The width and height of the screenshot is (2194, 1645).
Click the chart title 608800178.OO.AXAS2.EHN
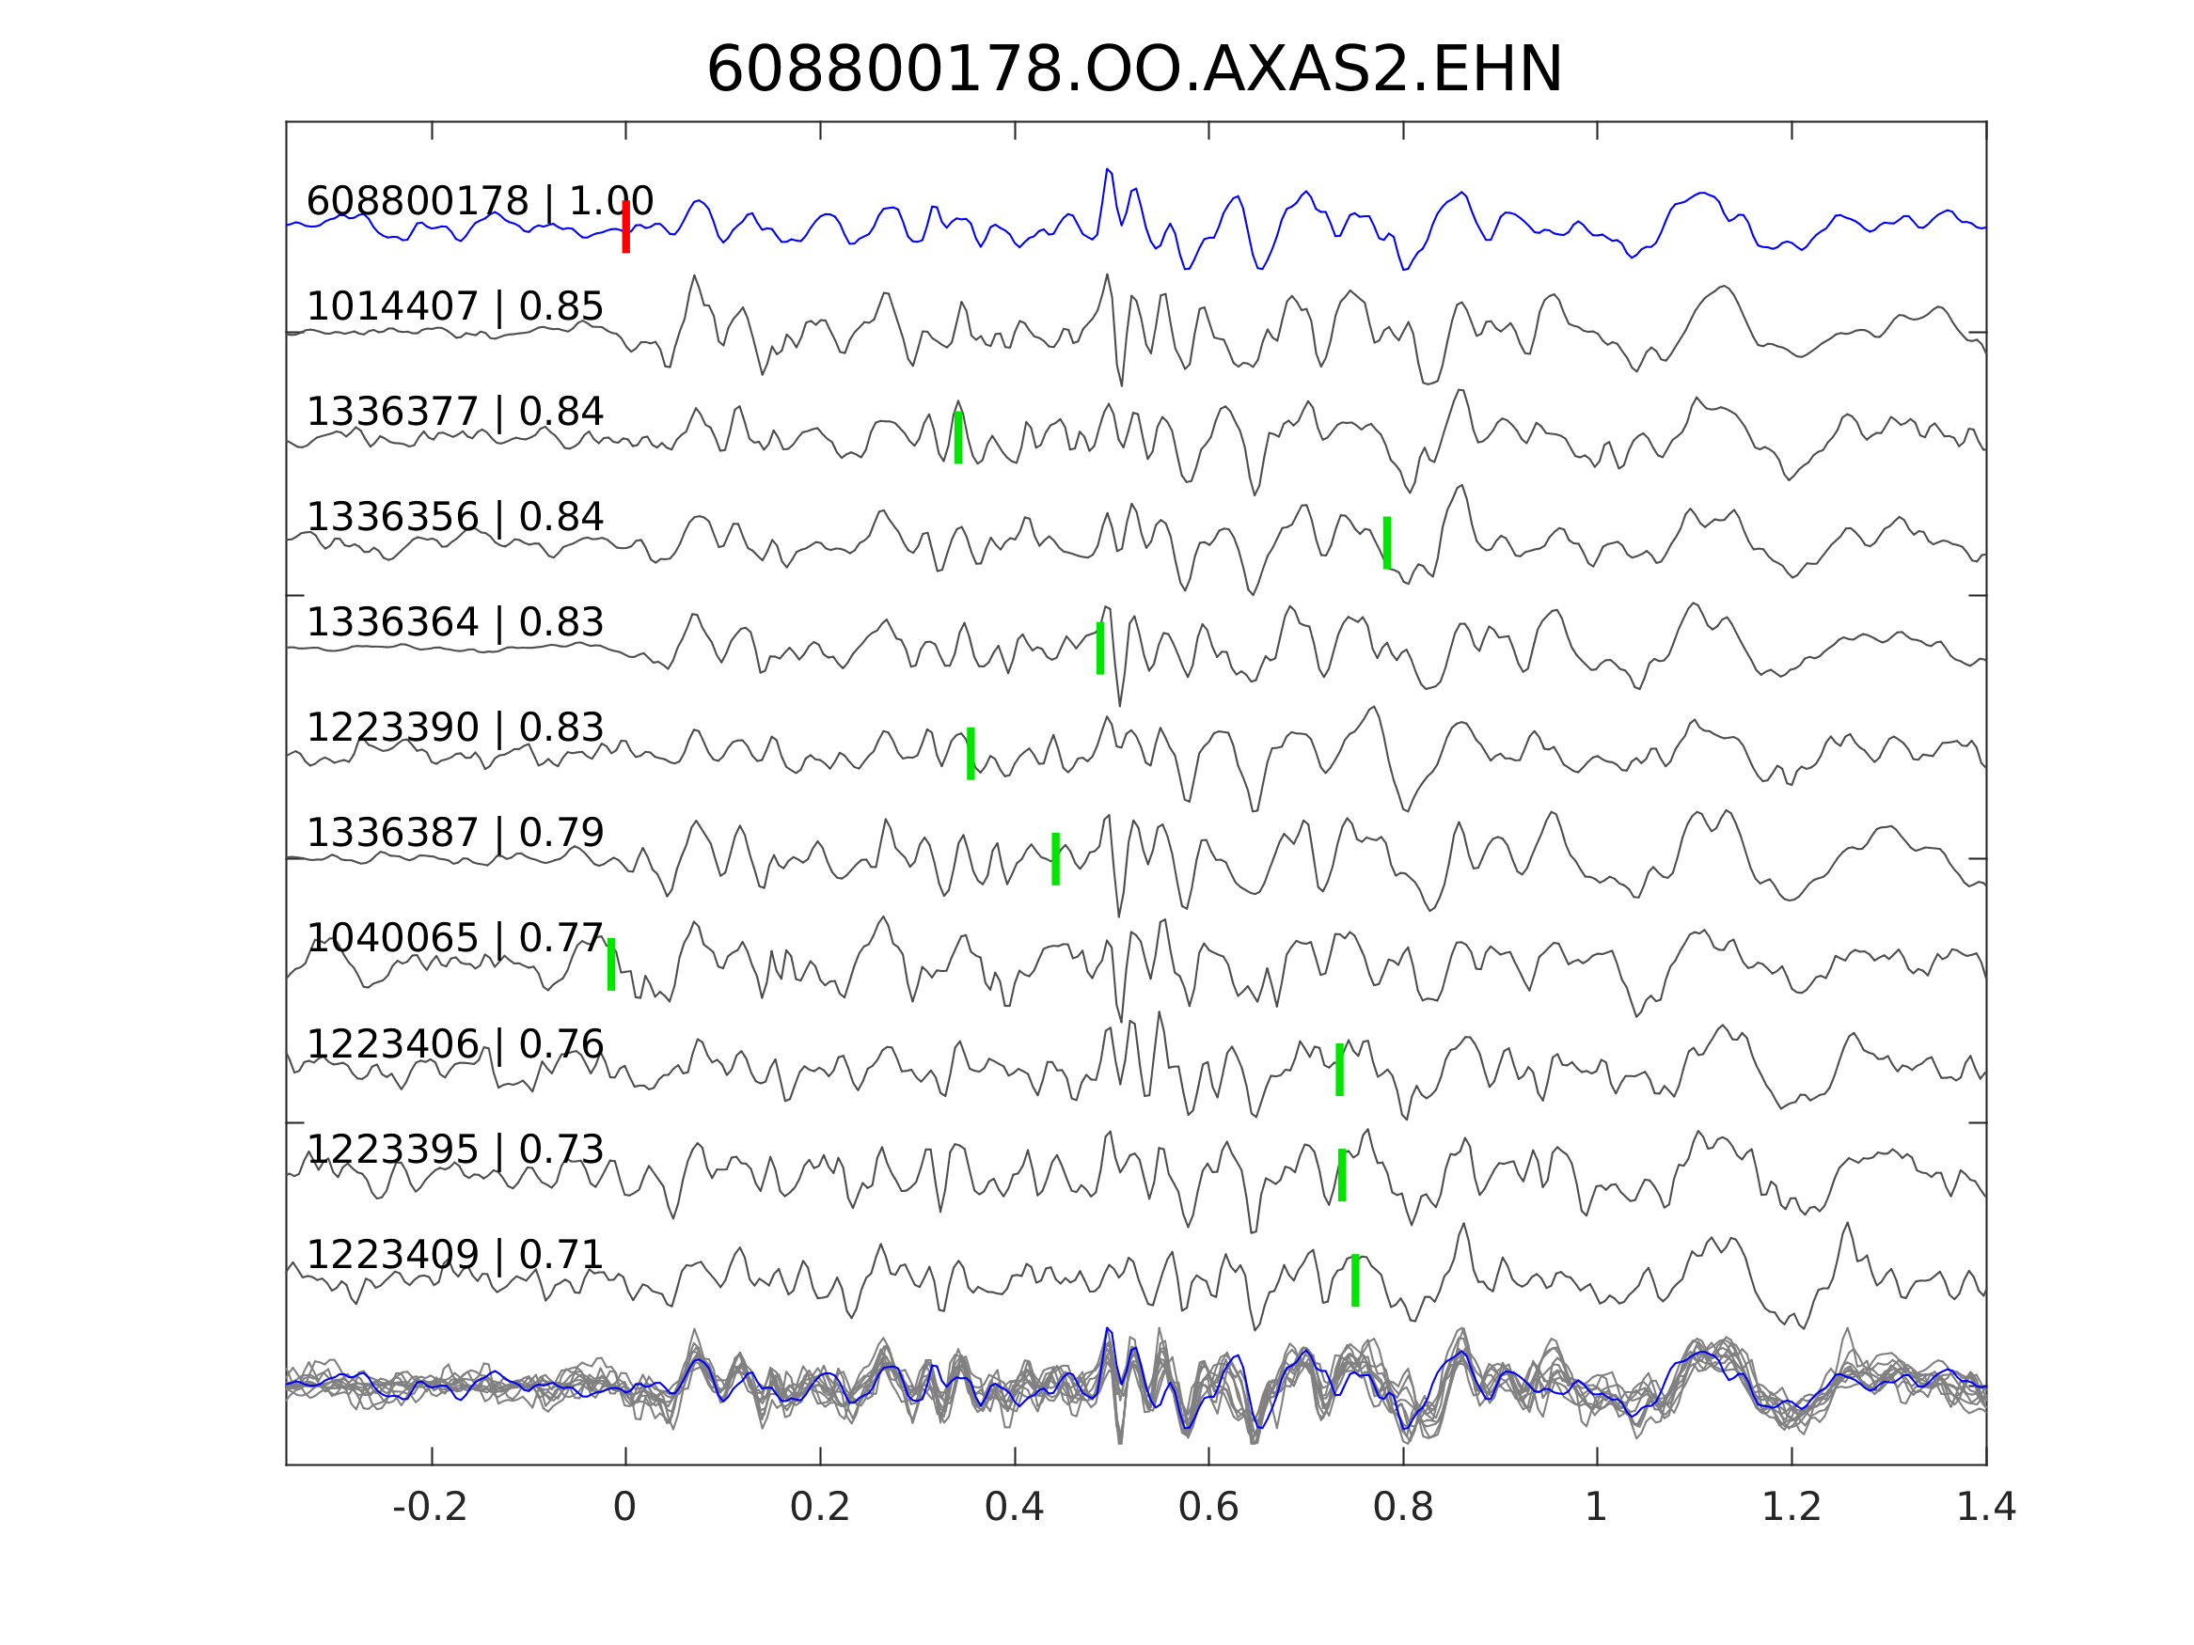[1134, 70]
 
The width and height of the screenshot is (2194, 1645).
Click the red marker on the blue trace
[626, 227]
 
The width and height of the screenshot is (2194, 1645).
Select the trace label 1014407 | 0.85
[454, 307]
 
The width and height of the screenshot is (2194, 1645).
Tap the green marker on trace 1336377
[958, 437]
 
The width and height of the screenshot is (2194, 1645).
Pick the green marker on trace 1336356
[1386, 542]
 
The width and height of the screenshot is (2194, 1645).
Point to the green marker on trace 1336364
[1100, 648]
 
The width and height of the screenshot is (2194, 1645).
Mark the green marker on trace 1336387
[1055, 859]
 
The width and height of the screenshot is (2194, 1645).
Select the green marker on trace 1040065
[611, 963]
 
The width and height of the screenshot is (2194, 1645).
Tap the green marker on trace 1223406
[1339, 1069]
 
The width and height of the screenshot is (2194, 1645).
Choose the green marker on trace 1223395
[1342, 1175]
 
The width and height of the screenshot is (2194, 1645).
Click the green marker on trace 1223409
[1355, 1280]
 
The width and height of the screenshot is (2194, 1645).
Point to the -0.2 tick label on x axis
[431, 1508]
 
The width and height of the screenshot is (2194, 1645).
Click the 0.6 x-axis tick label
[1208, 1508]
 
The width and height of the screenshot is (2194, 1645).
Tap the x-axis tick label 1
[1596, 1508]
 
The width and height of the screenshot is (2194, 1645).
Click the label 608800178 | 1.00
[479, 201]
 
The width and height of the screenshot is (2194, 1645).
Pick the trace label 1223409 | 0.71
[454, 1255]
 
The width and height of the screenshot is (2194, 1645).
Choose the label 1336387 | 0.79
[454, 833]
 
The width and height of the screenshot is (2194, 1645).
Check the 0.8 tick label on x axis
[1402, 1508]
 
